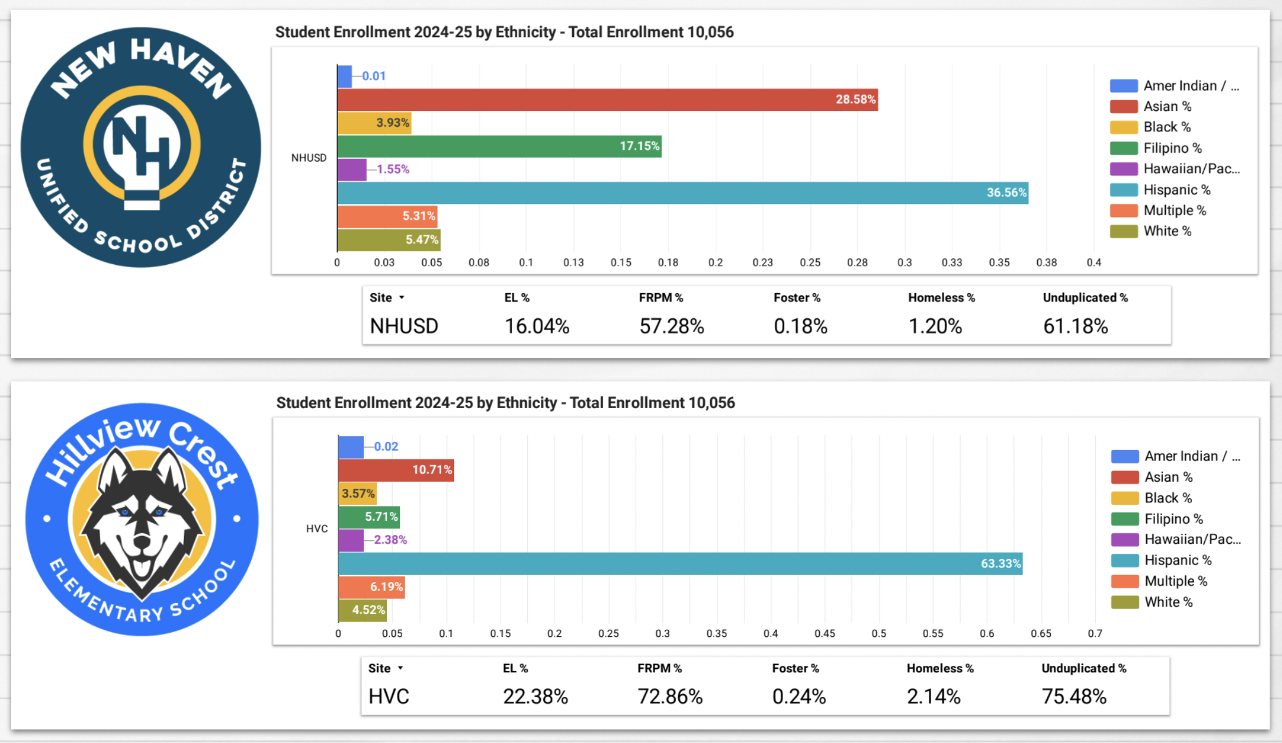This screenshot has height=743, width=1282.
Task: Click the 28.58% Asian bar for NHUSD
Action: [x=607, y=100]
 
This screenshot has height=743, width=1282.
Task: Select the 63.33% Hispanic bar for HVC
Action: [x=678, y=564]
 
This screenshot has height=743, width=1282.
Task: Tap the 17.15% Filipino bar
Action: [x=499, y=146]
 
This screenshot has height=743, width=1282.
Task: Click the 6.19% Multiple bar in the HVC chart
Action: [x=372, y=587]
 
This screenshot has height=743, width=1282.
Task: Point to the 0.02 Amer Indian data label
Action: [x=386, y=447]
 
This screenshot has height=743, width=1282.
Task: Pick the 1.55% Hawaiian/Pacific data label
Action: [x=393, y=169]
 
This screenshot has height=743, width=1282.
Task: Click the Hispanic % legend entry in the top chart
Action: [x=1176, y=190]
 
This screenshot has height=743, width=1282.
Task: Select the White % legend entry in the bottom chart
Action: [x=1168, y=602]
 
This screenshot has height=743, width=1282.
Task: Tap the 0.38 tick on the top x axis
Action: [x=1046, y=262]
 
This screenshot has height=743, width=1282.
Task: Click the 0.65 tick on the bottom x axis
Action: [x=1041, y=633]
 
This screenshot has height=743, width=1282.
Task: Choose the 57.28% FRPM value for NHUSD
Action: [x=672, y=326]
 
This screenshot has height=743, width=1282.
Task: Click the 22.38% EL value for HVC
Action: [x=535, y=697]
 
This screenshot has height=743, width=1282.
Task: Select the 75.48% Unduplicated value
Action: [x=1074, y=697]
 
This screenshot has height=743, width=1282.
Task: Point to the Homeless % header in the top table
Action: [x=941, y=298]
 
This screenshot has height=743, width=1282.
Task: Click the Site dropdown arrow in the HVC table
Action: [x=400, y=668]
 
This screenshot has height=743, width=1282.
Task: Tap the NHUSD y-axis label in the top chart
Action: [x=308, y=158]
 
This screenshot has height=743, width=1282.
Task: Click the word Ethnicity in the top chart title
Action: [x=525, y=32]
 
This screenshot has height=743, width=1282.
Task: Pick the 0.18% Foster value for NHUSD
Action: [x=800, y=326]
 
